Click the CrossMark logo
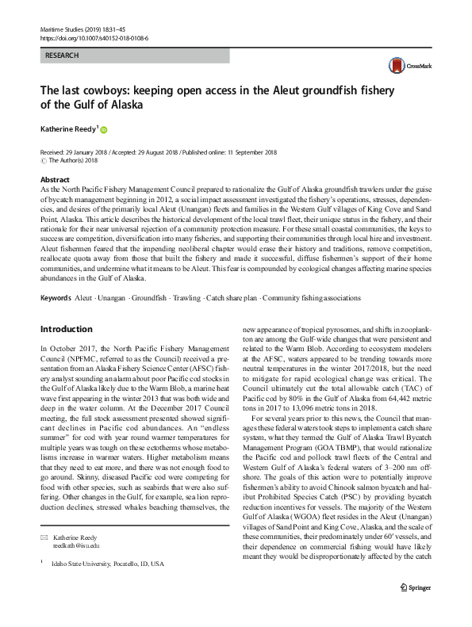[x=406, y=67]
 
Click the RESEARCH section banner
[x=135, y=56]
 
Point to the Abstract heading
[x=55, y=180]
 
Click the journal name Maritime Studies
[x=63, y=29]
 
